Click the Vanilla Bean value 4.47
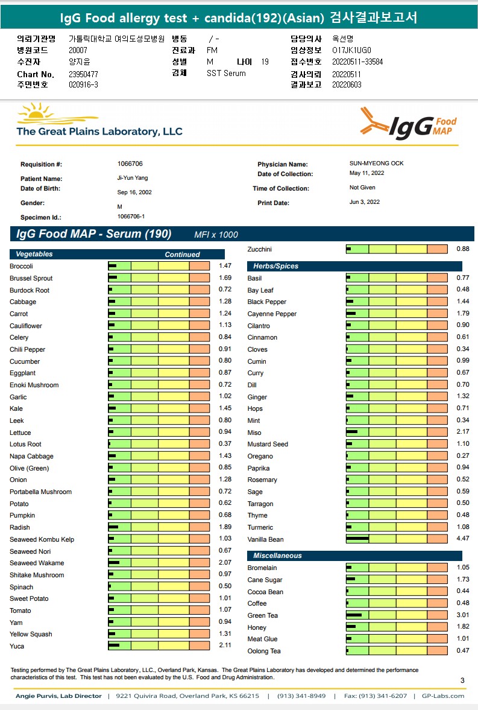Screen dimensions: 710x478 pyautogui.click(x=462, y=539)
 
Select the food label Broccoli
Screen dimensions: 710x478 pyautogui.click(x=21, y=266)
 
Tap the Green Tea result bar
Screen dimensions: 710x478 pyautogui.click(x=397, y=615)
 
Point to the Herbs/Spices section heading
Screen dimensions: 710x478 pyautogui.click(x=275, y=266)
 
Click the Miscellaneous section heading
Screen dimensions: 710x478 pyautogui.click(x=277, y=556)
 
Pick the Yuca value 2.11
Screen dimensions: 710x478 pyautogui.click(x=224, y=646)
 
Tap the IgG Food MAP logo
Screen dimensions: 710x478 pyautogui.click(x=409, y=123)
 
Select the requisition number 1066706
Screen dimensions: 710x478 pyautogui.click(x=130, y=164)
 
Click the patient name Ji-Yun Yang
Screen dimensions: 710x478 pyautogui.click(x=132, y=178)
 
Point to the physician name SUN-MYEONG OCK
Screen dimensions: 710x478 pyautogui.click(x=376, y=163)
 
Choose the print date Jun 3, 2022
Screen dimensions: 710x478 pyautogui.click(x=365, y=202)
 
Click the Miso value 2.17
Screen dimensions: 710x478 pyautogui.click(x=462, y=433)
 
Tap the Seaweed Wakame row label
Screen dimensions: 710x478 pyautogui.click(x=37, y=563)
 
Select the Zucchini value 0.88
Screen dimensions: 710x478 pyautogui.click(x=462, y=249)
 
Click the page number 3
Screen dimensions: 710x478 pyautogui.click(x=462, y=680)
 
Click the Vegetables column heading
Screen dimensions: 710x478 pyautogui.click(x=34, y=255)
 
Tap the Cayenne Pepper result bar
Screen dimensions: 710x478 pyautogui.click(x=397, y=314)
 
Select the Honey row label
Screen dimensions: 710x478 pyautogui.click(x=257, y=627)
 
